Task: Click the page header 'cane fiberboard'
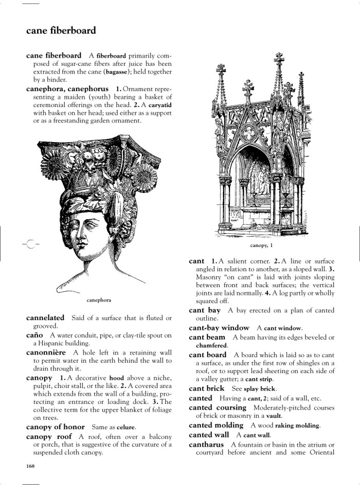tap(61, 31)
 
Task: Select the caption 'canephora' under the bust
tap(99, 299)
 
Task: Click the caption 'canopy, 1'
tap(261, 245)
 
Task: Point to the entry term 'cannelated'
tap(45, 318)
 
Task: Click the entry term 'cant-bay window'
tap(219, 327)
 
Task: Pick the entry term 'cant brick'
tap(206, 389)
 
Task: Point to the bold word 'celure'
tap(126, 428)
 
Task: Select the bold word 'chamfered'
tap(211, 345)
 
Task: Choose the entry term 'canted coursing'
tap(218, 408)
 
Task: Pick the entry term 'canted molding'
tap(216, 425)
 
